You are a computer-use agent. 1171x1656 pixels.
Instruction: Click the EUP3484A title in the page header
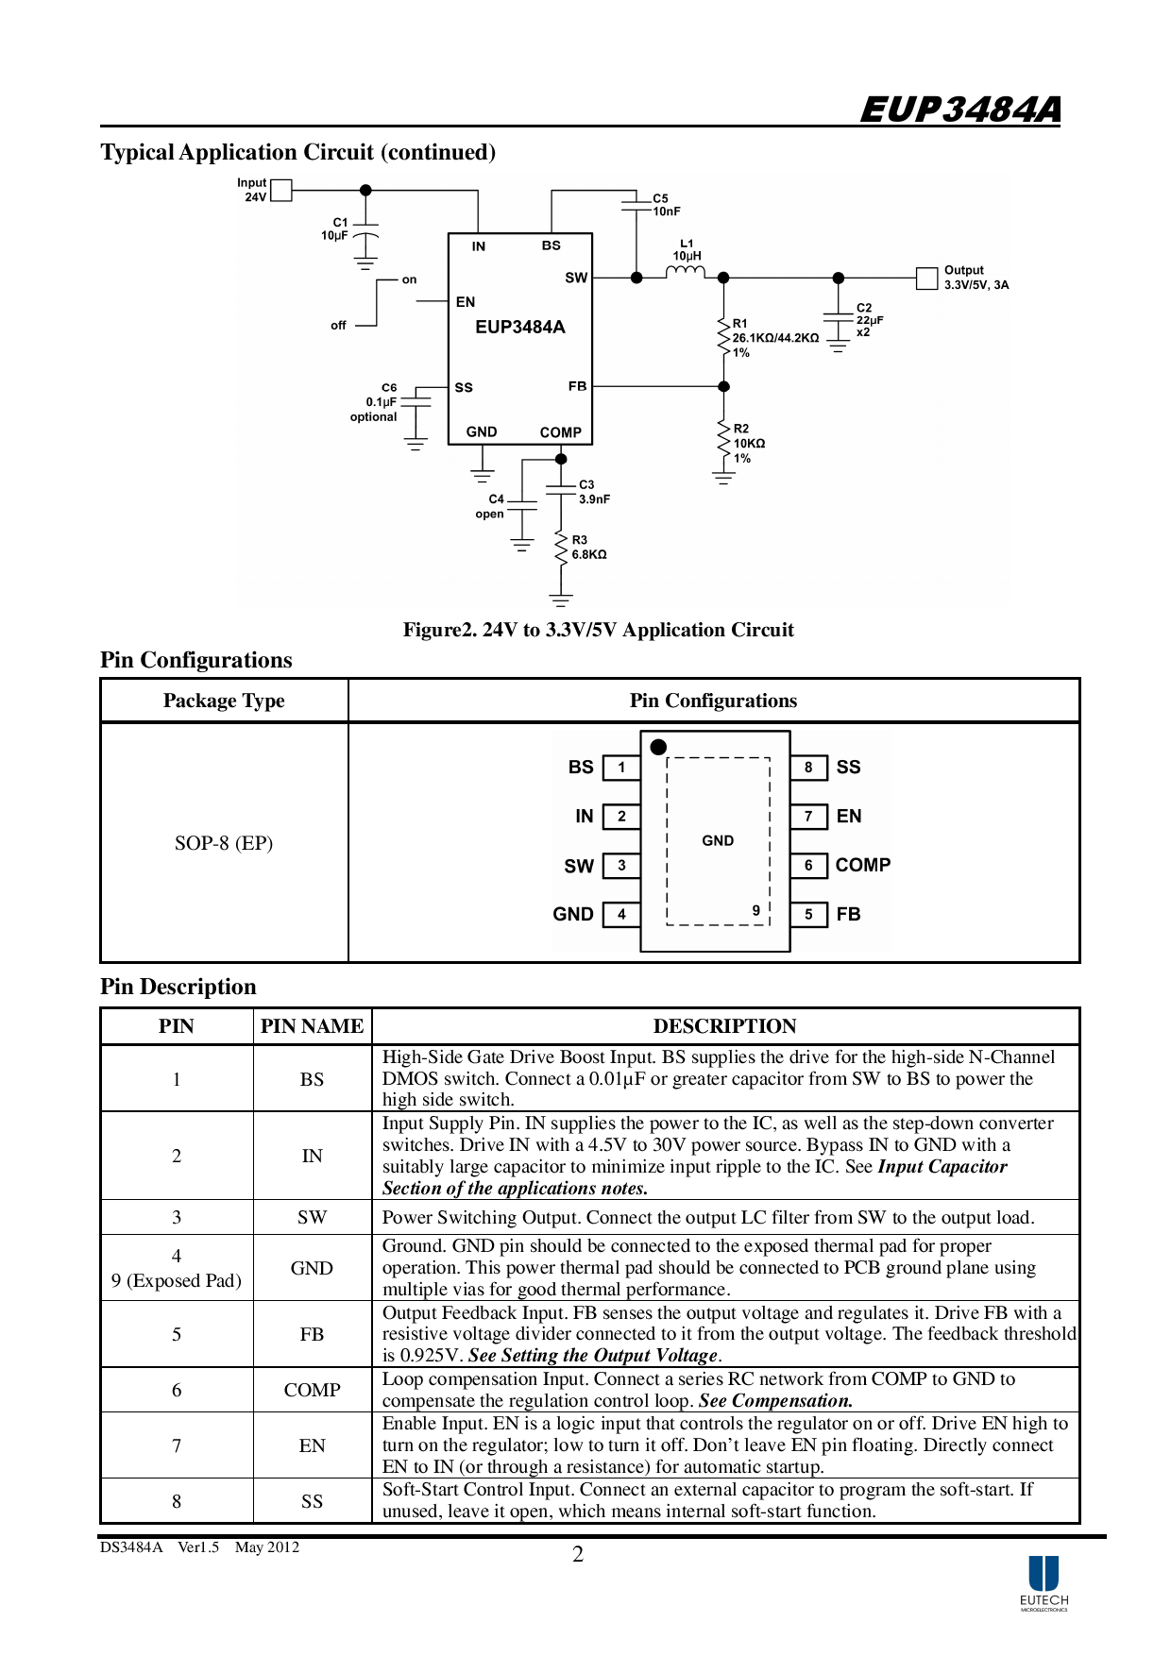pos(959,110)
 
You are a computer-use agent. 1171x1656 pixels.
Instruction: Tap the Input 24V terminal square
pos(281,191)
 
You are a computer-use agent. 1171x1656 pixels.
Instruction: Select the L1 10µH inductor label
pos(687,250)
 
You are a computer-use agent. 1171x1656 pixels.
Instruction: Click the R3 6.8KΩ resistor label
pos(588,548)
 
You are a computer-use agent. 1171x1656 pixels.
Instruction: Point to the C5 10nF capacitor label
pos(666,205)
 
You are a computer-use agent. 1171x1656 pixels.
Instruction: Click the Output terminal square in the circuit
pos(926,278)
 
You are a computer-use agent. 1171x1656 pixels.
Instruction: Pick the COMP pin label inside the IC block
pos(560,432)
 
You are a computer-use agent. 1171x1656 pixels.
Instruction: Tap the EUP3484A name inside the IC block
pos(519,328)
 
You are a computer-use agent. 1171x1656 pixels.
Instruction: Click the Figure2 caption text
pos(598,630)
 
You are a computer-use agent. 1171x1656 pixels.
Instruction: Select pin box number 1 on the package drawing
pos(621,768)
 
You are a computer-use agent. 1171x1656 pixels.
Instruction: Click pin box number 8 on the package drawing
pos(808,768)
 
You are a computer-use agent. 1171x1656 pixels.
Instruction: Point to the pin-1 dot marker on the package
pos(658,747)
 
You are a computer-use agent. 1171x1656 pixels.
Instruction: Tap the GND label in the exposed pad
pos(718,840)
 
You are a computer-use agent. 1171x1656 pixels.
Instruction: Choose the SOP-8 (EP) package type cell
pos(224,843)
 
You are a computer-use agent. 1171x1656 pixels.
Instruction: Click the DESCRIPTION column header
pos(724,1026)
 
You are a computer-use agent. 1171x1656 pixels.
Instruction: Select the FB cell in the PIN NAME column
pos(312,1334)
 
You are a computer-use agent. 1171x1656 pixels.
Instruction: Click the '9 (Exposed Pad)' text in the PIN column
pos(177,1280)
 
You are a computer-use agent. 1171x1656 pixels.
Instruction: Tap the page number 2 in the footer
pos(578,1554)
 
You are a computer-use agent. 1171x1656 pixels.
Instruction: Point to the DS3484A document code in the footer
pos(131,1546)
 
